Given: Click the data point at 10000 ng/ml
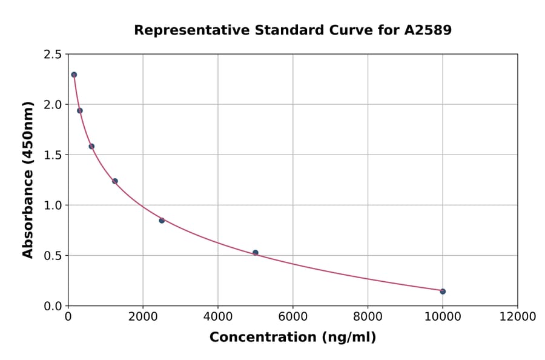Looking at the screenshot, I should pos(443,292).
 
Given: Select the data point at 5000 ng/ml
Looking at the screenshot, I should pos(256,253).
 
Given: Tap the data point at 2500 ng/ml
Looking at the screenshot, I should pos(162,220).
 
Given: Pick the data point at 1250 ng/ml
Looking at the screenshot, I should pos(115,181).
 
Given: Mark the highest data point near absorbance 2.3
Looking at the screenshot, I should pos(74,75).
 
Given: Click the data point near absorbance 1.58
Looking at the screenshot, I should pos(91,146).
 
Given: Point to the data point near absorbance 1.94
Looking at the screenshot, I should pos(80,110).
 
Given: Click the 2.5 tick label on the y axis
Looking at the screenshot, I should pos(52,55).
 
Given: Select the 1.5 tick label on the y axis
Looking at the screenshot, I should pos(52,155).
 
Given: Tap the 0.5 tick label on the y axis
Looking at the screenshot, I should pos(52,256).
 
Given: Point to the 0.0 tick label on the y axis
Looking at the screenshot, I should pos(52,306).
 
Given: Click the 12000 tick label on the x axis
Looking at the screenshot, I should pos(517,317).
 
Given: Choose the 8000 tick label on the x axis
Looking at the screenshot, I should pos(368,317).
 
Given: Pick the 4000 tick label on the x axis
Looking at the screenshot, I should pos(218,317).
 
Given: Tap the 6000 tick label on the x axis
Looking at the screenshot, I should pos(293,317).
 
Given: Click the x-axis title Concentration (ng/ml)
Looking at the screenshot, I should pos(292,338).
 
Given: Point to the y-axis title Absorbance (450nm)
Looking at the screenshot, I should pos(28,180).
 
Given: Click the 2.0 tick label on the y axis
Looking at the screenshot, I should pos(52,105).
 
